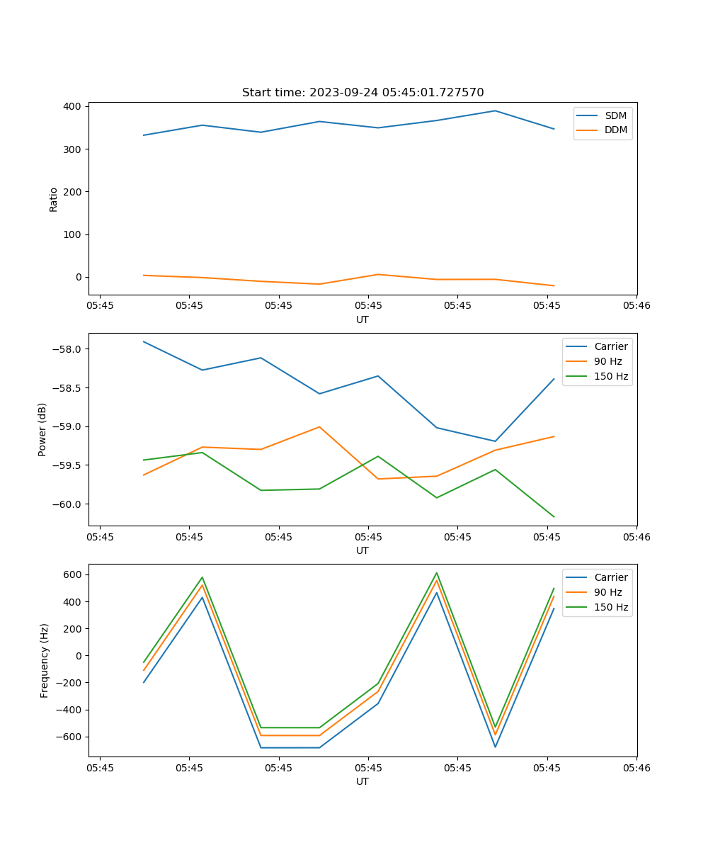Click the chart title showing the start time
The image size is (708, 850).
click(x=362, y=93)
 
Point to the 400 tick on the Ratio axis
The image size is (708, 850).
click(x=74, y=106)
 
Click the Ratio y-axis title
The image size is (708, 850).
click(x=54, y=199)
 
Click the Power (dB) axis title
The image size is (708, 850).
click(x=42, y=429)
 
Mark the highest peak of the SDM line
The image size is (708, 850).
click(x=495, y=110)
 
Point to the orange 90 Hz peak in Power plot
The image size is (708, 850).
click(x=319, y=426)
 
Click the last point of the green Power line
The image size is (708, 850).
click(x=554, y=517)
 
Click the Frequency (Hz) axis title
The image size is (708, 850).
click(x=45, y=660)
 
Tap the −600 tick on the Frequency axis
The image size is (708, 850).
click(x=70, y=737)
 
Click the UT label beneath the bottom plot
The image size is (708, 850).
click(x=362, y=781)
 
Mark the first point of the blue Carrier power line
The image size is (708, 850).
click(x=144, y=341)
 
